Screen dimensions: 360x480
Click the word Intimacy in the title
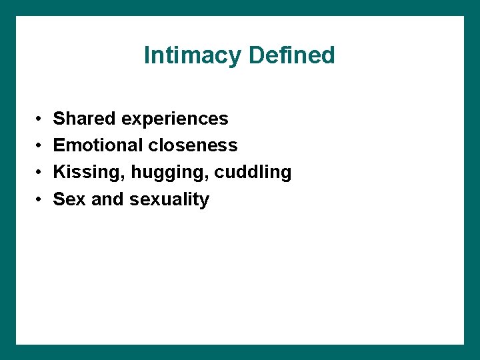(193, 55)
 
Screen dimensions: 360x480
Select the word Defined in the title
(291, 55)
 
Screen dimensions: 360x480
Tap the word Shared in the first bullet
(83, 119)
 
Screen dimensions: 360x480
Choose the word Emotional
(98, 145)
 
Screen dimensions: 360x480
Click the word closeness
(193, 145)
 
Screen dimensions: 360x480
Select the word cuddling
(253, 173)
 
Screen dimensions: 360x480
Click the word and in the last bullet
(107, 199)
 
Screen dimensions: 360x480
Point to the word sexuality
(169, 200)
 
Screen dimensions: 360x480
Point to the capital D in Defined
(256, 55)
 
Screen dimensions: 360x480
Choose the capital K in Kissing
(59, 172)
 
